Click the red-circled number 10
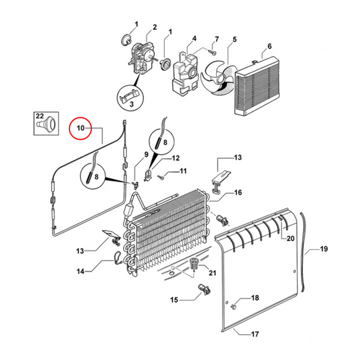79,127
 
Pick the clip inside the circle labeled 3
128,99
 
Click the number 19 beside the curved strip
324,250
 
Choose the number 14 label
80,272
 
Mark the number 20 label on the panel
290,239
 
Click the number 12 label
176,158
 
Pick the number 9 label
144,155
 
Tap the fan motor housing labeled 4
185,70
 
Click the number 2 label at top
154,28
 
